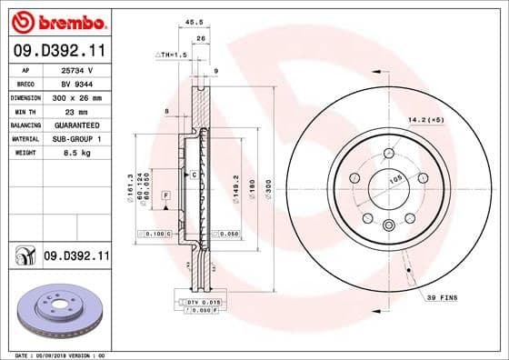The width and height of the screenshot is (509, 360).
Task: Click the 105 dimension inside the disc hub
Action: tap(396, 180)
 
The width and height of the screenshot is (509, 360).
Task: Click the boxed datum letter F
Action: tap(166, 195)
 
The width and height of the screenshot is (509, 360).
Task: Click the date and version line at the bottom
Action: tap(55, 355)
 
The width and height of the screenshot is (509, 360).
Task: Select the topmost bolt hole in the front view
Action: tap(389, 153)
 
